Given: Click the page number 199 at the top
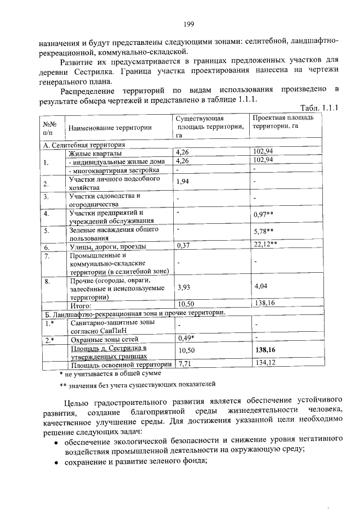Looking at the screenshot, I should [188, 23].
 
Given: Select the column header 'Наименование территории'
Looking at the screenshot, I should [110, 128].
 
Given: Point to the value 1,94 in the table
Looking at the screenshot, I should [183, 182].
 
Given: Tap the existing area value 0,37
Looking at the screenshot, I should [183, 246].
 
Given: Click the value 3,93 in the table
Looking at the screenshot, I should [183, 287].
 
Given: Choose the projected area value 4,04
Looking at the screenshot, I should [261, 286].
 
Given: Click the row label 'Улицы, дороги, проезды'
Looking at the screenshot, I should [107, 246].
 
